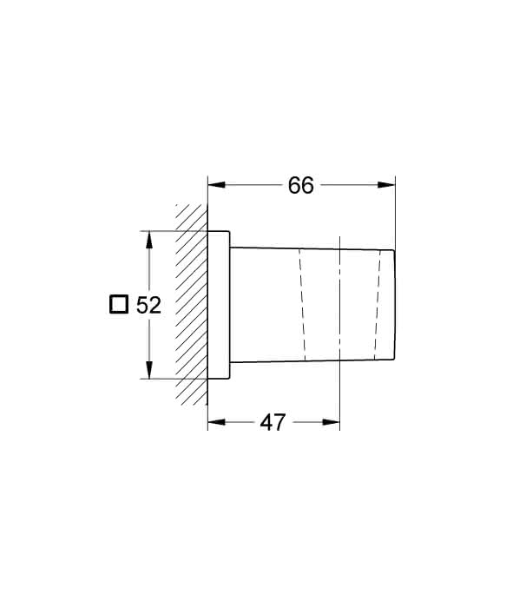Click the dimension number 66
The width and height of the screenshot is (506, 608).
(x=300, y=185)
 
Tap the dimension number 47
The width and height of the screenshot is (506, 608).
(x=273, y=422)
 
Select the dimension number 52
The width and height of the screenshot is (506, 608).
(x=148, y=305)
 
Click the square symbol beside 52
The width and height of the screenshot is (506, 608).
(x=119, y=304)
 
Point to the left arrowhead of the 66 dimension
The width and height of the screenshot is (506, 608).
(x=216, y=185)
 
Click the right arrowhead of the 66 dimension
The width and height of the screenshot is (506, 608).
(x=387, y=185)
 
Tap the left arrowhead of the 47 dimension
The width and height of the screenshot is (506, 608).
(x=216, y=422)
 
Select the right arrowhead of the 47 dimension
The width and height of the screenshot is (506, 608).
(x=332, y=422)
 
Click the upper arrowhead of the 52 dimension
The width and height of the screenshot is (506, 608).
(x=149, y=240)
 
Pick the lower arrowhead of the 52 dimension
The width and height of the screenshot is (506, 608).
(x=149, y=369)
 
